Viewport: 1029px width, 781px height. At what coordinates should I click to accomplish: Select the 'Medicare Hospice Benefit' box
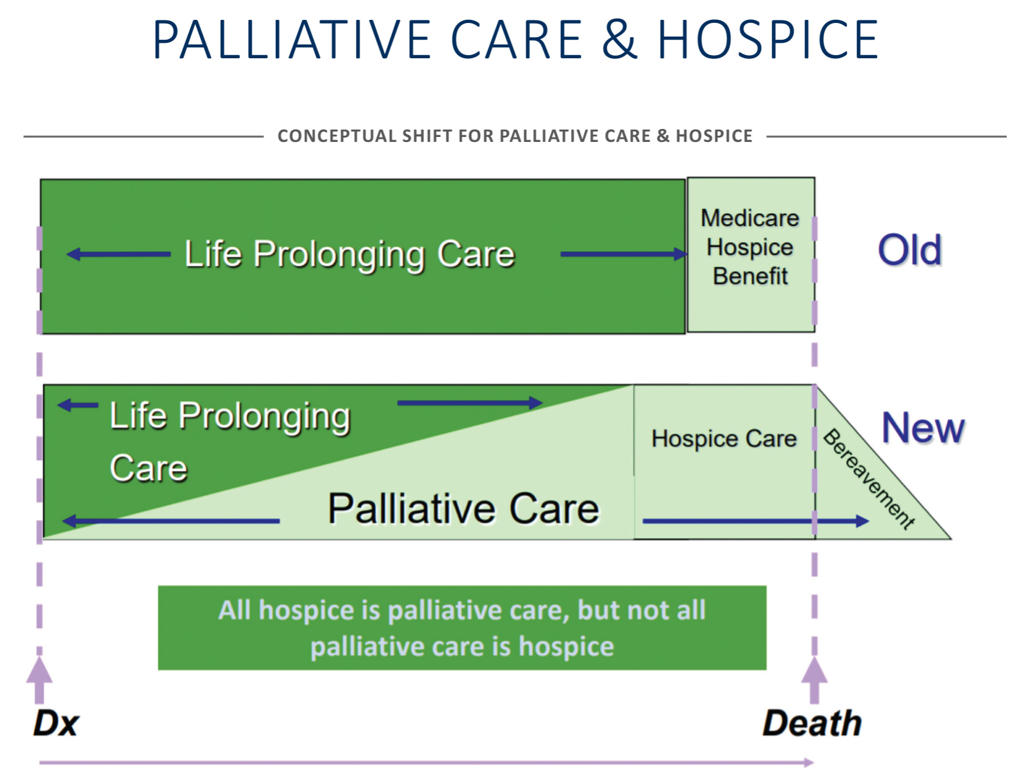(751, 255)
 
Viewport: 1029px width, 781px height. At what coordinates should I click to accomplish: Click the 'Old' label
(909, 250)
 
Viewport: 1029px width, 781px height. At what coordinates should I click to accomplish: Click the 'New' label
(923, 428)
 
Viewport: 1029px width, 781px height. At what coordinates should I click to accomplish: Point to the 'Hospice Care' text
(724, 439)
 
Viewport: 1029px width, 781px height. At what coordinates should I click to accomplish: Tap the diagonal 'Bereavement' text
(868, 479)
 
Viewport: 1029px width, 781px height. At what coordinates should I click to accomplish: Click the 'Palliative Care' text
(463, 509)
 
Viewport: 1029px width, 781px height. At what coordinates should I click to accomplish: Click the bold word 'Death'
(812, 723)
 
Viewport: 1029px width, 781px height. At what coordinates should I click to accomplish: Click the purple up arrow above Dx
(40, 680)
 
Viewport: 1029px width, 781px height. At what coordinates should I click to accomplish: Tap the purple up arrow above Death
(815, 680)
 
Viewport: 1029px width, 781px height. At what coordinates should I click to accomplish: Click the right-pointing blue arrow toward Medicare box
(624, 255)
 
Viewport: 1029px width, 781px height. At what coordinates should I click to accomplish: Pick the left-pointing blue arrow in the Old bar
(118, 255)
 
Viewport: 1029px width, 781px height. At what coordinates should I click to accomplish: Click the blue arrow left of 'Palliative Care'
(171, 521)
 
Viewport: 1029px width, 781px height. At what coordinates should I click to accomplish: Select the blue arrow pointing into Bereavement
(756, 521)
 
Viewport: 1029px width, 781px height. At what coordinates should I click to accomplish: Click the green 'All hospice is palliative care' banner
(462, 628)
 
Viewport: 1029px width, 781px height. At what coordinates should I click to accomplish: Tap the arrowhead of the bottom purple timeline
(809, 763)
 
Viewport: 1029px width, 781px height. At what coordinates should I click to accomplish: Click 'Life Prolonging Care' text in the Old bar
(350, 255)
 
